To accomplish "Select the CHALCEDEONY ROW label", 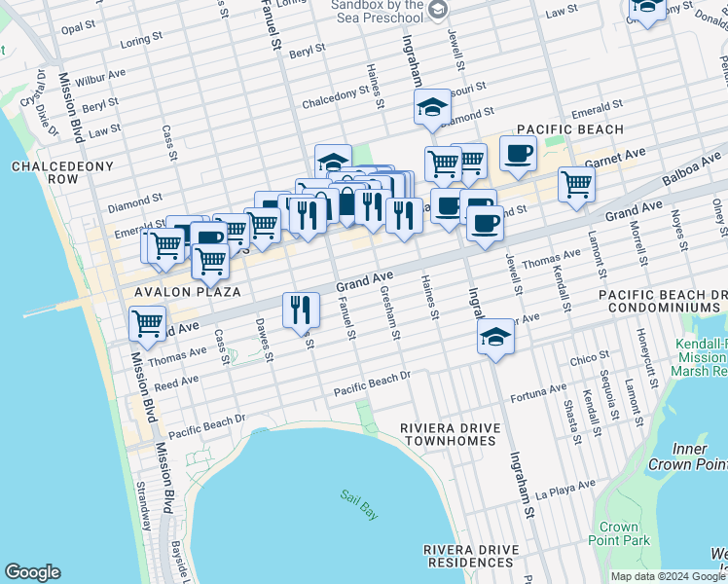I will pyautogui.click(x=45, y=173).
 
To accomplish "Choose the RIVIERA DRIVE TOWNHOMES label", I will pyautogui.click(x=451, y=434).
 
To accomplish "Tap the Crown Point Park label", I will pyautogui.click(x=618, y=533).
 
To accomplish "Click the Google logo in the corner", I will pyautogui.click(x=32, y=572).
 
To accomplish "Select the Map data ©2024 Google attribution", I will pyautogui.click(x=667, y=576).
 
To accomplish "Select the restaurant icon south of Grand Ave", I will pyautogui.click(x=300, y=310).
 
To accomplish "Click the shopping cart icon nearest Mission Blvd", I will pyautogui.click(x=148, y=322).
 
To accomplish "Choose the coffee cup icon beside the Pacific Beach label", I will pyautogui.click(x=518, y=152).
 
